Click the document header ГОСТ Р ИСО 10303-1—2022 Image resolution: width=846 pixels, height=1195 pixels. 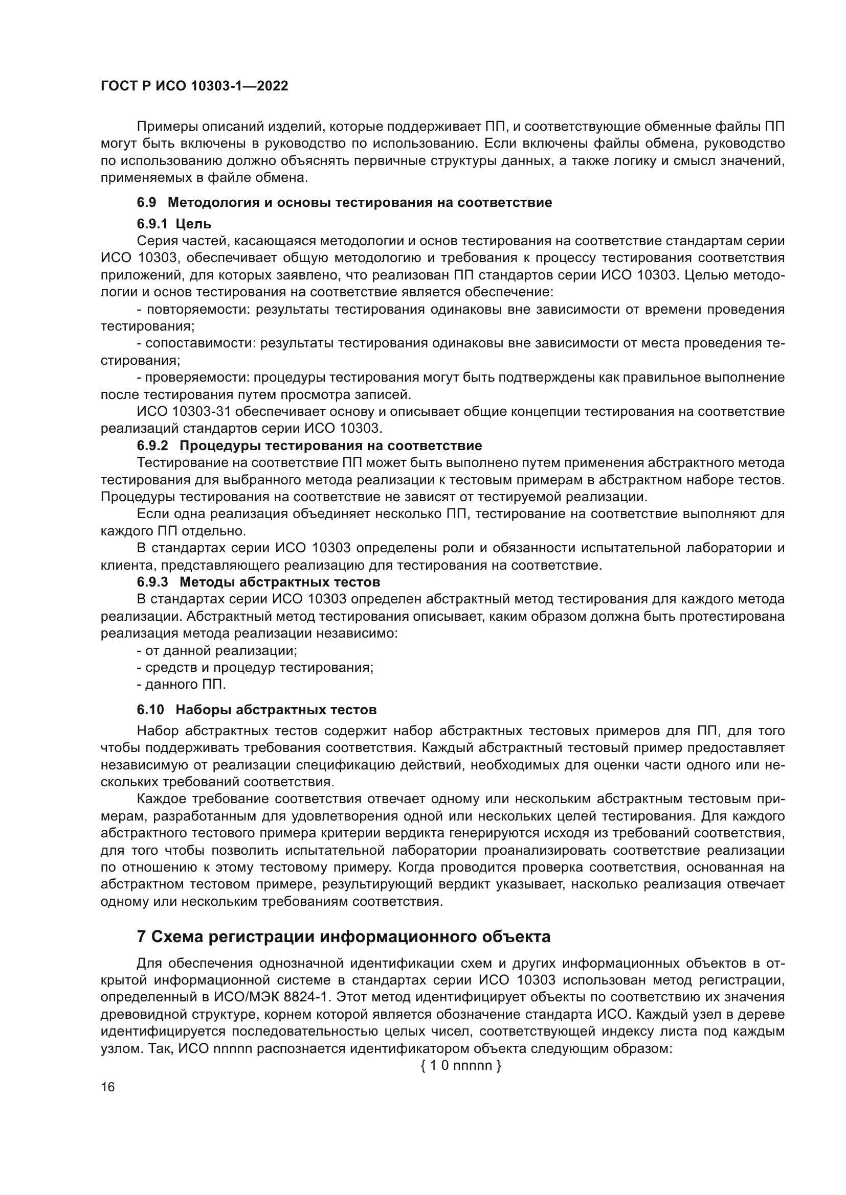[194, 86]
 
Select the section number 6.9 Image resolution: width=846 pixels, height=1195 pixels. [146, 202]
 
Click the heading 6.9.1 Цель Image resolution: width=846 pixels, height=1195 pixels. [174, 224]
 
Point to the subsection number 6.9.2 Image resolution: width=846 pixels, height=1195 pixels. [152, 446]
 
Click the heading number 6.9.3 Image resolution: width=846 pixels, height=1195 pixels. [152, 581]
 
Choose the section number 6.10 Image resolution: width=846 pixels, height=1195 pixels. [150, 710]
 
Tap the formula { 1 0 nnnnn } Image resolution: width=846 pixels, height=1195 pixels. [460, 1065]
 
